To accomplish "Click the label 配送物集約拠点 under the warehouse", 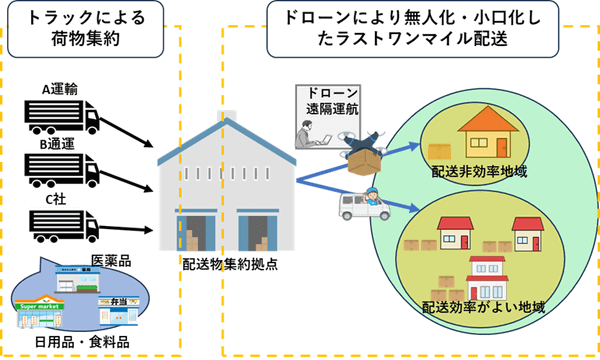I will point(229,268).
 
